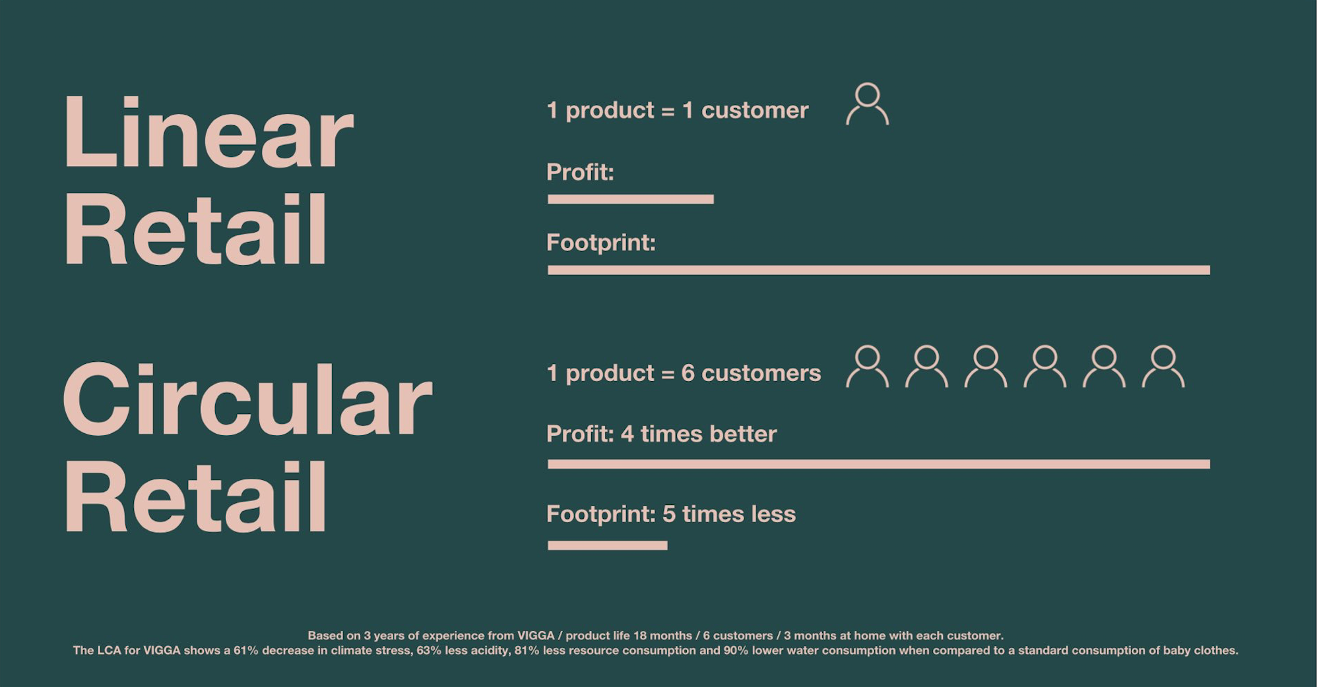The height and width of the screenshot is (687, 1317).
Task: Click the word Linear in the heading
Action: (209, 132)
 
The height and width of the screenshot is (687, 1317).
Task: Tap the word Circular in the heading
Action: (247, 399)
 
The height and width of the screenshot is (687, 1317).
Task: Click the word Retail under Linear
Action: (195, 229)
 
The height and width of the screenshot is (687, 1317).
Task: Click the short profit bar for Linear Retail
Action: (631, 199)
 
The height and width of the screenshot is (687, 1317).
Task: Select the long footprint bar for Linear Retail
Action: (879, 270)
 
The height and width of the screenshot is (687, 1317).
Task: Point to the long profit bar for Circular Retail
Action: (879, 464)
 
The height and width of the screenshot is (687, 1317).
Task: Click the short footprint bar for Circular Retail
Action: (608, 545)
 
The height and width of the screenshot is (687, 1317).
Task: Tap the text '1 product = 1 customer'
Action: (678, 110)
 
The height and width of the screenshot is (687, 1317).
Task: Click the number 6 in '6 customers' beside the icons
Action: (688, 373)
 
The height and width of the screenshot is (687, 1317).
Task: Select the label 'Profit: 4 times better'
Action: (662, 434)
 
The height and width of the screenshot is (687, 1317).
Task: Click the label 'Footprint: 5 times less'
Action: (671, 514)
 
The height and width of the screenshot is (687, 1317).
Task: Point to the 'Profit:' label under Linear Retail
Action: (581, 172)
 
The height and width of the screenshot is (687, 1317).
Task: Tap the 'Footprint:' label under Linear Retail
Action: (601, 243)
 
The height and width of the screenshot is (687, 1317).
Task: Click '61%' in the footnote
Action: (245, 650)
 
